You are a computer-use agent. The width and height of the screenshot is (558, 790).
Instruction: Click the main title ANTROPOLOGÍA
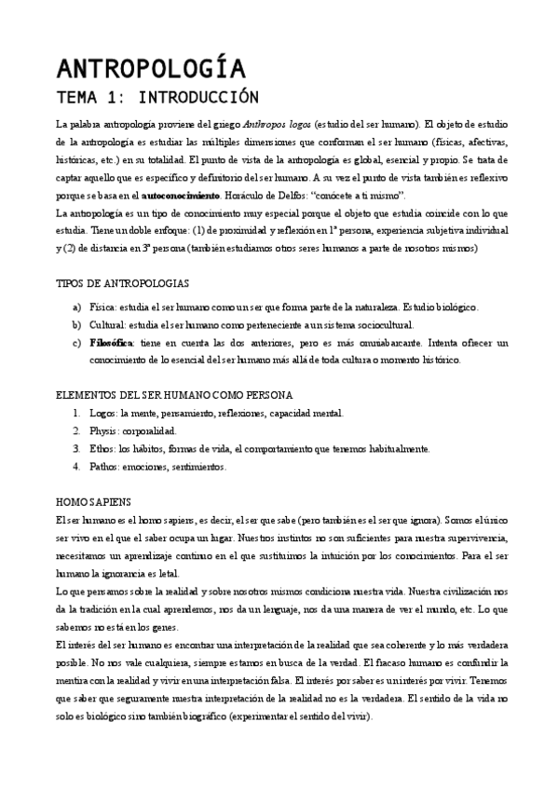[x=151, y=70]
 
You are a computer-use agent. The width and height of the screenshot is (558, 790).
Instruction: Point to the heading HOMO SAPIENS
[x=94, y=500]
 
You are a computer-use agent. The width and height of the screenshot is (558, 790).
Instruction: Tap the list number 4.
[x=76, y=466]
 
